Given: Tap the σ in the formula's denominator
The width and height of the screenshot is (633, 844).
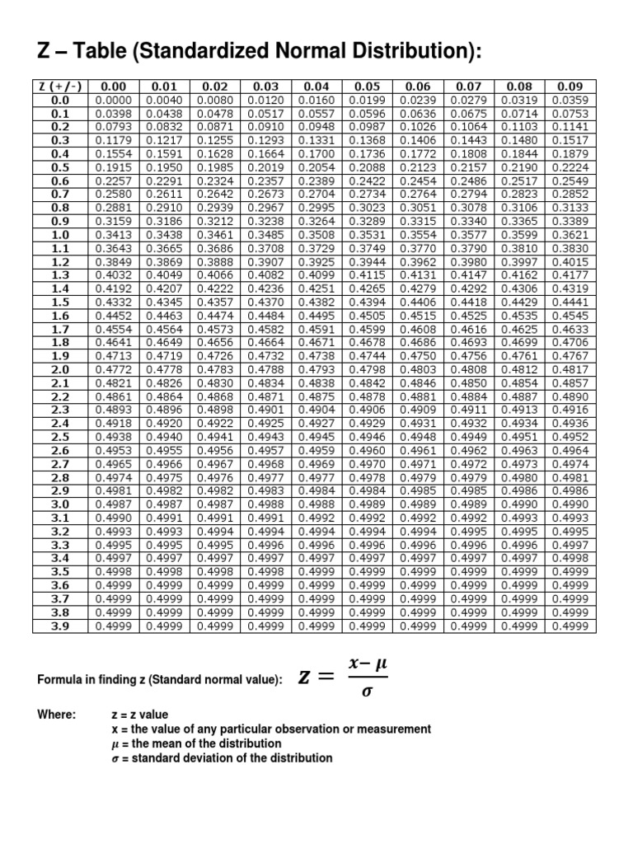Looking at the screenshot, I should (x=367, y=691).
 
